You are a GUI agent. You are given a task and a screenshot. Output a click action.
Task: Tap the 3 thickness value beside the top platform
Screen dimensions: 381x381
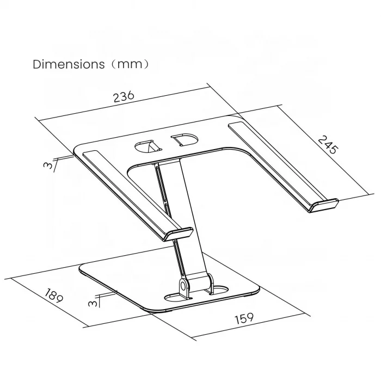pos(50,164)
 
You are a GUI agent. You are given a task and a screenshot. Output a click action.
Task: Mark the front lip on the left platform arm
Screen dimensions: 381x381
pos(176,233)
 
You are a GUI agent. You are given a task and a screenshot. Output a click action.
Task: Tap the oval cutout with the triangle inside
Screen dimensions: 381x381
pos(145,146)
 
